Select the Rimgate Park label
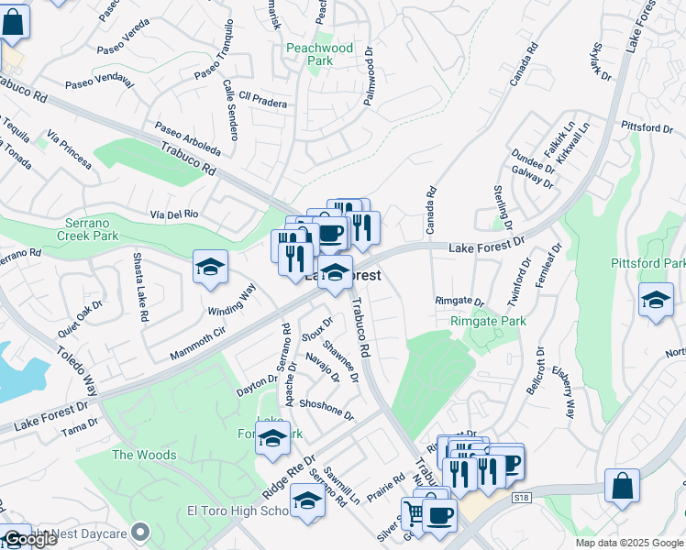[x=488, y=322]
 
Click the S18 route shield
[x=522, y=496]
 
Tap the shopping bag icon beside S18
[x=622, y=487]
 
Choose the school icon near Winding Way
[x=210, y=268]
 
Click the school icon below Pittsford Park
[x=656, y=301]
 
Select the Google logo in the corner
[x=30, y=539]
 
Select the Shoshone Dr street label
[x=326, y=409]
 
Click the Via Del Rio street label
[x=174, y=214]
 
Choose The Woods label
[x=144, y=455]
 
